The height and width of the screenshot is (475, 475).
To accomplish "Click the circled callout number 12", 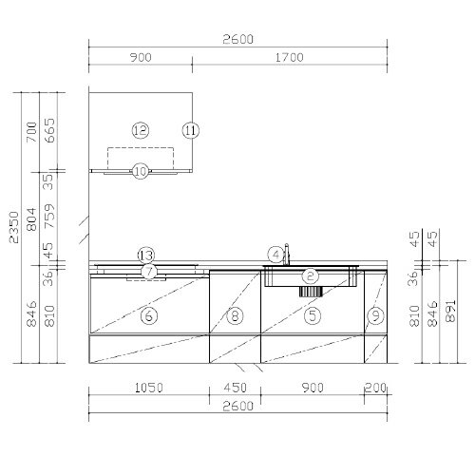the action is tap(141, 130).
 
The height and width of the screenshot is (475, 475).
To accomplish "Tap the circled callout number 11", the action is tap(191, 130).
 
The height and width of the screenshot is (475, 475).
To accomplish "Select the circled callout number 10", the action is tap(141, 171).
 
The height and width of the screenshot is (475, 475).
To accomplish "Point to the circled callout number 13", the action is tap(146, 256).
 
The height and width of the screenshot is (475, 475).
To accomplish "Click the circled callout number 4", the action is tap(275, 255).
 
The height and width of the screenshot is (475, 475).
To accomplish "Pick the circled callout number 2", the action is tap(310, 276).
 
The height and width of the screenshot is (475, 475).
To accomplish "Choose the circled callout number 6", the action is tap(149, 315).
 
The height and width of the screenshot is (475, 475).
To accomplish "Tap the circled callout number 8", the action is tap(235, 315).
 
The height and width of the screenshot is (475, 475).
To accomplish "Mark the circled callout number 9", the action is tap(375, 315).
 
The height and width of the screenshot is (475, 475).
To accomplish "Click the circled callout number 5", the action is tap(313, 315).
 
